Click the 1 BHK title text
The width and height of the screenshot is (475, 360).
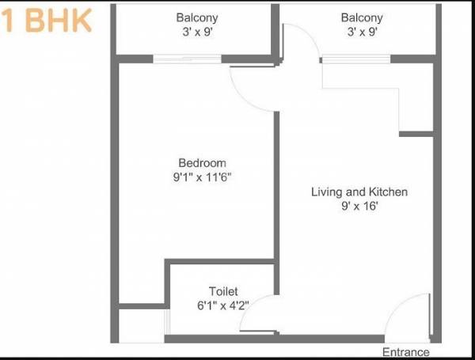click(46, 21)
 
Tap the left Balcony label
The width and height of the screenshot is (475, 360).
click(197, 17)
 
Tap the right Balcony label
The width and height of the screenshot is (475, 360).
click(362, 17)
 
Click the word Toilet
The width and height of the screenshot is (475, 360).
click(223, 291)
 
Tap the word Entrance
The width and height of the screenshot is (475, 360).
click(405, 352)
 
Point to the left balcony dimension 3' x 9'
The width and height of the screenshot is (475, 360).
click(197, 32)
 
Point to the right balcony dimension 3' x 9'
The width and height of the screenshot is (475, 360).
click(362, 32)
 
